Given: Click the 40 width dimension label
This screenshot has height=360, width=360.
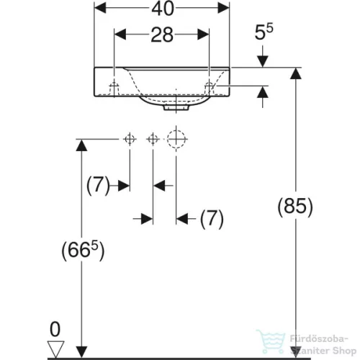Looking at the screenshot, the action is [163, 9].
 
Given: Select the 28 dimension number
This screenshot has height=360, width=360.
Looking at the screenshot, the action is [162, 35].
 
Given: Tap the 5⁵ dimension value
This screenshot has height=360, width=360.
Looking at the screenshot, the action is [264, 32].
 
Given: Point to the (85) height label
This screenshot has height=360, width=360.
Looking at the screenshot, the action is [295, 207].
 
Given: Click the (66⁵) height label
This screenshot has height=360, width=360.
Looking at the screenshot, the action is [83, 251].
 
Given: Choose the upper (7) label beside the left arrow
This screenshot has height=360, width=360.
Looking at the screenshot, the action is [98, 185].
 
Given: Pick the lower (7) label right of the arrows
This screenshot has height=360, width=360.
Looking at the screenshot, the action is [212, 218].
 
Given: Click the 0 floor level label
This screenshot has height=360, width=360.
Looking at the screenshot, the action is [55, 329].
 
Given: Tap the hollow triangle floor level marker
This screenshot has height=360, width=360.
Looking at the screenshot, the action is [55, 348].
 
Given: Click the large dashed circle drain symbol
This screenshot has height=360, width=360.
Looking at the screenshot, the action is [176, 139].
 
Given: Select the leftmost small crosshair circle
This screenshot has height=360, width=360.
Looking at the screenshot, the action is [130, 139].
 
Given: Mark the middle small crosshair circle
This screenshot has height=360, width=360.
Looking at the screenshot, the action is [153, 139].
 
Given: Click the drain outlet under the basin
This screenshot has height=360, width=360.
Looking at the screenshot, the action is [176, 107].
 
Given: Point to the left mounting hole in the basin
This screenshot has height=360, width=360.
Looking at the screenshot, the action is [114, 89].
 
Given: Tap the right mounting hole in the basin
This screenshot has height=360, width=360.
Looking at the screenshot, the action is [209, 89].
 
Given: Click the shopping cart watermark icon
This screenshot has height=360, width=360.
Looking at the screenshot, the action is [271, 341].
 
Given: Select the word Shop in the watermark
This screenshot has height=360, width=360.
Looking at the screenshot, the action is [344, 351].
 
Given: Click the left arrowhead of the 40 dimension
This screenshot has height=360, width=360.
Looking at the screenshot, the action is [100, 8].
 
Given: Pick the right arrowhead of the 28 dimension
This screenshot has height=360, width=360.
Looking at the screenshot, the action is [203, 35].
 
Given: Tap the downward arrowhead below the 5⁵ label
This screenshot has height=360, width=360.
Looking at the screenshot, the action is [263, 61].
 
